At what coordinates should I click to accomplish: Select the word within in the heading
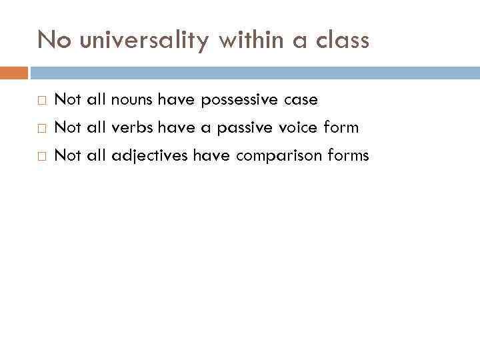click(x=251, y=41)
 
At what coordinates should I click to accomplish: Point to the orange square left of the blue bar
click(x=14, y=72)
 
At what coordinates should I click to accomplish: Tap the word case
click(x=301, y=100)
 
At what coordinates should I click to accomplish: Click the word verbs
click(x=133, y=127)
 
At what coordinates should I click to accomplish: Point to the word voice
click(x=301, y=127)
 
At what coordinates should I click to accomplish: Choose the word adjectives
click(x=150, y=155)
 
